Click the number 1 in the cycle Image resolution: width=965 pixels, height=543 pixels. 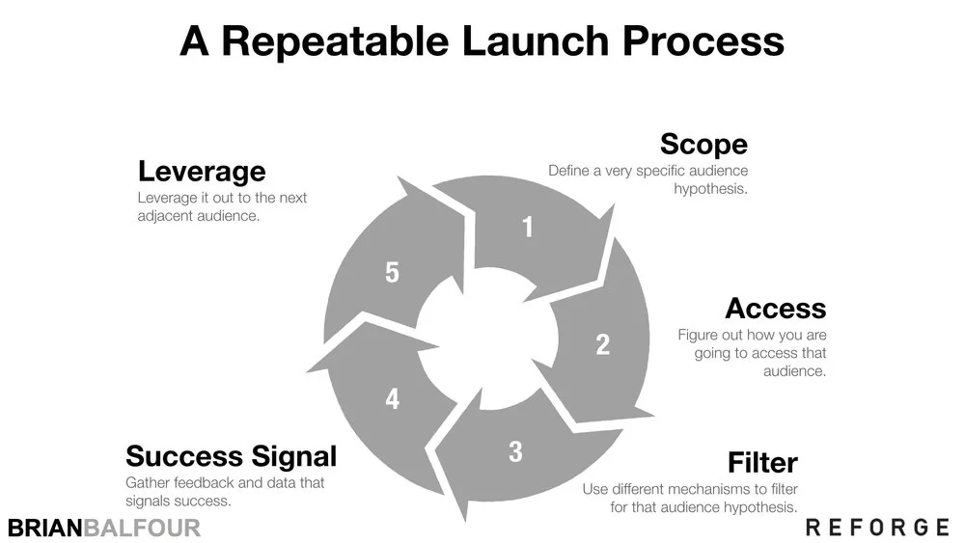(527, 228)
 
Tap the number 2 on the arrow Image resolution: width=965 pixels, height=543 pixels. (602, 344)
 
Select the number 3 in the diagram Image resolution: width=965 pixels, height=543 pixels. (515, 450)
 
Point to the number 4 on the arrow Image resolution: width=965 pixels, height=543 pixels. (392, 398)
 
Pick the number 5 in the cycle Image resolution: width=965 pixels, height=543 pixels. (392, 273)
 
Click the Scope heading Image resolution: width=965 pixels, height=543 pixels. (703, 145)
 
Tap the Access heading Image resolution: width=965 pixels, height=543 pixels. (775, 309)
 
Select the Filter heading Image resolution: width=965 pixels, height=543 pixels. (762, 462)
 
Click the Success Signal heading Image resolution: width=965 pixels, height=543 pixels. (231, 455)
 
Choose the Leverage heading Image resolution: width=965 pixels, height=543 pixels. (202, 172)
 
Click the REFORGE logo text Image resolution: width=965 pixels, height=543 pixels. (877, 527)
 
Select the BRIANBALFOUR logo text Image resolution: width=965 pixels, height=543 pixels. (103, 528)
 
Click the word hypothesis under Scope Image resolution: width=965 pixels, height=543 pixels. (710, 189)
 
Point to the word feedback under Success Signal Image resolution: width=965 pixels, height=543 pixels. (206, 482)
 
